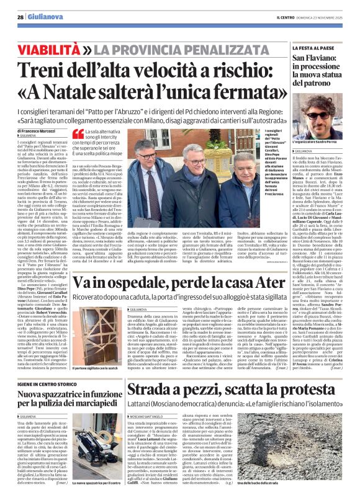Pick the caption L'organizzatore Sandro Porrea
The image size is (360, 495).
(x=301, y=147)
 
